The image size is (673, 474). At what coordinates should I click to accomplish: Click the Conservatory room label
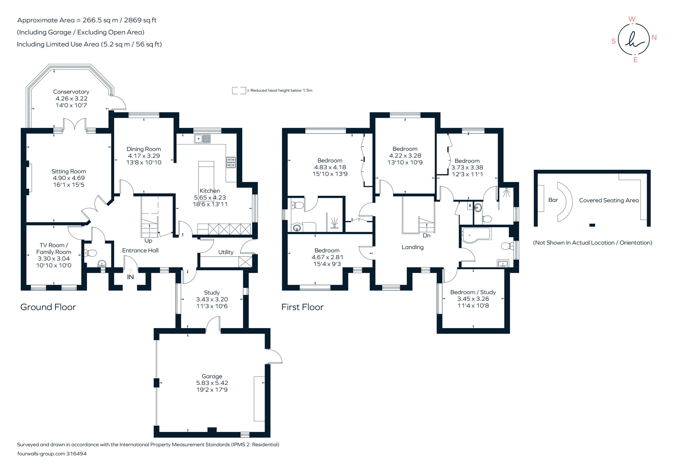tap(71, 92)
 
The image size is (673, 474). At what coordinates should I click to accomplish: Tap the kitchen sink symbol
tap(202, 138)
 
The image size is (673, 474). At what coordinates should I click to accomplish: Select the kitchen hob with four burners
tap(231, 162)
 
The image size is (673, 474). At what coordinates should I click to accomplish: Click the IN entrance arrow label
tap(130, 277)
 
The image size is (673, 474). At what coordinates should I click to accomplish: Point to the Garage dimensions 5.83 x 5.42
tap(212, 383)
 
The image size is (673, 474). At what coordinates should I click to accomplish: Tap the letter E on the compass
tap(635, 60)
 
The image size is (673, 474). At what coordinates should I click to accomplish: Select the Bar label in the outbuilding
tap(553, 200)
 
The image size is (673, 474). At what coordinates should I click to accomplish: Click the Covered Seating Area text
tap(609, 200)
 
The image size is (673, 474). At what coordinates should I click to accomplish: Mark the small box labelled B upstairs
tap(470, 206)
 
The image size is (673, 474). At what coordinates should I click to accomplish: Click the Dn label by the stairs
tap(427, 235)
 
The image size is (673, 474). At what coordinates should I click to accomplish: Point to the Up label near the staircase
tap(148, 241)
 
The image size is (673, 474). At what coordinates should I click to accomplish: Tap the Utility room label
tap(226, 252)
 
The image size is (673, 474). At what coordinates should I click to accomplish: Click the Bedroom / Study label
tap(473, 292)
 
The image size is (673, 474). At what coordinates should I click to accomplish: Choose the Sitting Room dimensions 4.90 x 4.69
tap(69, 178)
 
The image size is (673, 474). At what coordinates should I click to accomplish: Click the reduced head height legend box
tap(239, 91)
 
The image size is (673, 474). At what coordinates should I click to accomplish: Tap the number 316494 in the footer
tap(77, 454)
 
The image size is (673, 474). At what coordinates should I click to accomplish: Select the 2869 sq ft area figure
tap(140, 20)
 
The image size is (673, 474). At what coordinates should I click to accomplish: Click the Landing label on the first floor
tap(412, 247)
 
